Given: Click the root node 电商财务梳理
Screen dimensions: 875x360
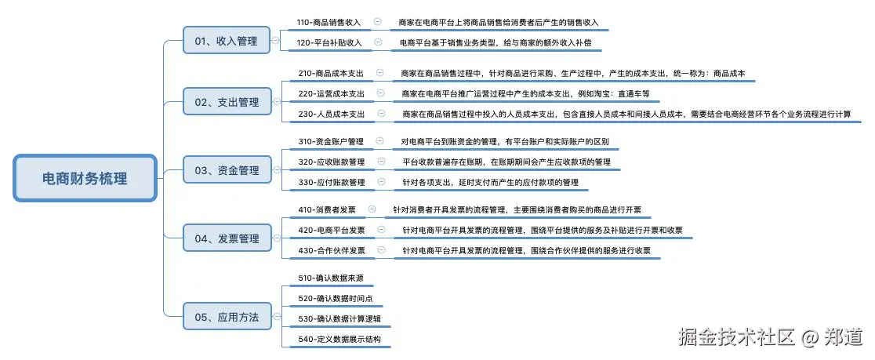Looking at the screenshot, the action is [x=85, y=178].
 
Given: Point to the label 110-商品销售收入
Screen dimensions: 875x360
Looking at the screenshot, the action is [x=329, y=23].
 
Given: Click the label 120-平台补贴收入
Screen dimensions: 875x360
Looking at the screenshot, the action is [x=329, y=42].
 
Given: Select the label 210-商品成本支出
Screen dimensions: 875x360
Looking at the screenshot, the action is [x=332, y=73].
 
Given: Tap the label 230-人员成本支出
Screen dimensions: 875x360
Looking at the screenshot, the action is [x=332, y=114].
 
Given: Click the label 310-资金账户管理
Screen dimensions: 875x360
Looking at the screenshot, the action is [x=331, y=142].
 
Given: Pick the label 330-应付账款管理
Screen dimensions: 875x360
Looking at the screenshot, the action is [x=331, y=182].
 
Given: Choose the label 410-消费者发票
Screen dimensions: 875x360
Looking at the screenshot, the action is [x=327, y=210].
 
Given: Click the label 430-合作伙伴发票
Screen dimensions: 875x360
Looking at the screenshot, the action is [x=332, y=250].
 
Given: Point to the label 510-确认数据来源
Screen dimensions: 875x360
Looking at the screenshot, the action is [x=330, y=278].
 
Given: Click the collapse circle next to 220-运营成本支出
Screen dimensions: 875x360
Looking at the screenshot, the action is [x=380, y=93].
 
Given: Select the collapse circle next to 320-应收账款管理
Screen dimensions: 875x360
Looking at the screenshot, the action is [x=381, y=162].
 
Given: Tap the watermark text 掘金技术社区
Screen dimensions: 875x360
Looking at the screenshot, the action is [x=738, y=337].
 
